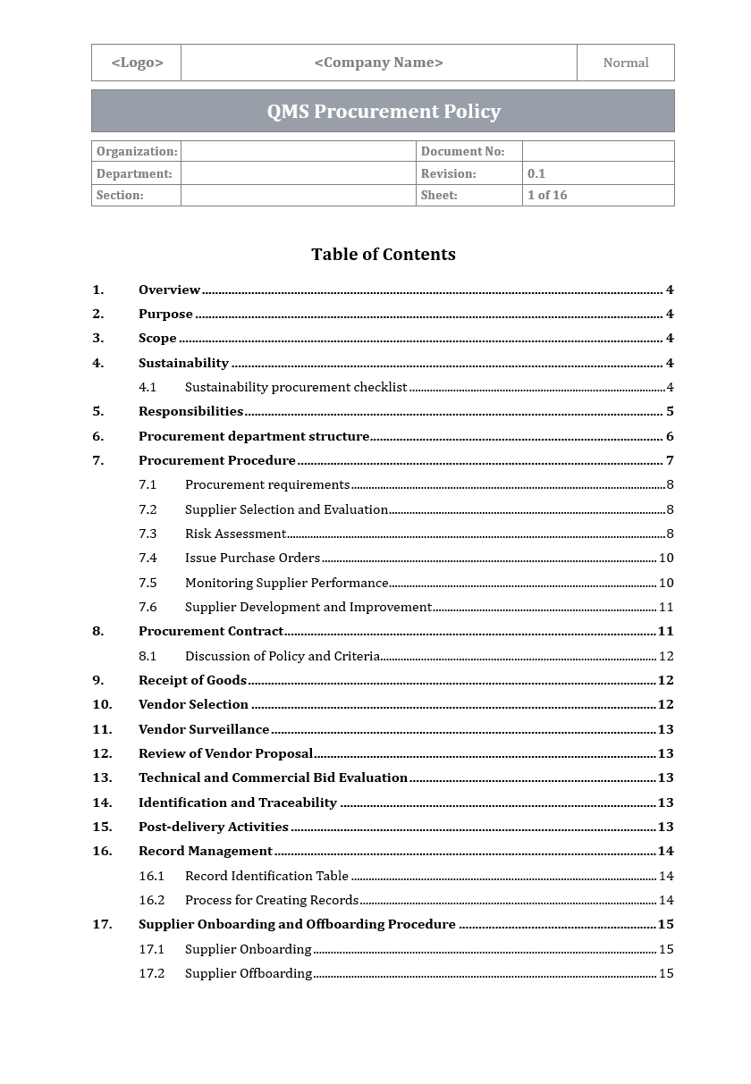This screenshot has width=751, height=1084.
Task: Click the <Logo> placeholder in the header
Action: [137, 63]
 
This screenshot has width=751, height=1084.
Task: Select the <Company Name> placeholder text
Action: [378, 63]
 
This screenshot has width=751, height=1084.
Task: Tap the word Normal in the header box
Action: [626, 63]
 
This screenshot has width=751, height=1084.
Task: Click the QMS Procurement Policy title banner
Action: [383, 112]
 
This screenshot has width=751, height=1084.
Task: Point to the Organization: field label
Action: [137, 152]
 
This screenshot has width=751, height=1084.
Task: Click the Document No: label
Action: [462, 152]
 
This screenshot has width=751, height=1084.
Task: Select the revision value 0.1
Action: [536, 173]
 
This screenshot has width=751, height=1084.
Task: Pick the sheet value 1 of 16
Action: [547, 195]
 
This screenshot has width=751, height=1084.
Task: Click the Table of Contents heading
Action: [383, 255]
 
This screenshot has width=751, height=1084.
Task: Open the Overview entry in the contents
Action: [169, 290]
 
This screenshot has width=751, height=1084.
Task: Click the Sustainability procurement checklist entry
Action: [295, 387]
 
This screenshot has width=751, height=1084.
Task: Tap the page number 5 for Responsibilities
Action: [670, 411]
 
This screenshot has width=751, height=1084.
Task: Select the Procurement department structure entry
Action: [253, 436]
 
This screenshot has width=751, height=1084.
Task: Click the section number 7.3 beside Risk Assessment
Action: [148, 534]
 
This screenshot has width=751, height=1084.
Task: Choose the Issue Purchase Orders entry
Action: [252, 558]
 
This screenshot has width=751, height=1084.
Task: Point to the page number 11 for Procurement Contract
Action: [665, 631]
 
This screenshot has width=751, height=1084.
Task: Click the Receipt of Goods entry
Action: [192, 680]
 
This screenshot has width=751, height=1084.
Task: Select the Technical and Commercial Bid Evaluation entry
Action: [273, 777]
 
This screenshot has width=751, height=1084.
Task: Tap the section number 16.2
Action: [151, 900]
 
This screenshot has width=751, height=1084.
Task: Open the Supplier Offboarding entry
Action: [249, 973]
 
